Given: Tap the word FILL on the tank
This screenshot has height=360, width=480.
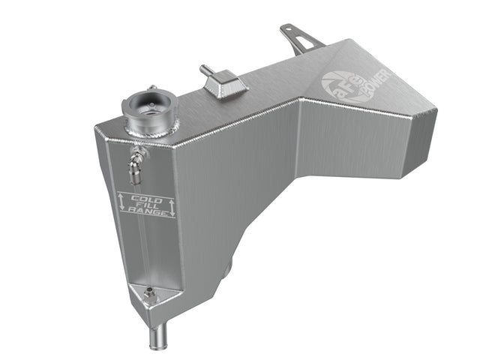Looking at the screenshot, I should (x=145, y=205).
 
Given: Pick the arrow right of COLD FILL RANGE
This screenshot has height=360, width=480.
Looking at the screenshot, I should (x=172, y=208).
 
